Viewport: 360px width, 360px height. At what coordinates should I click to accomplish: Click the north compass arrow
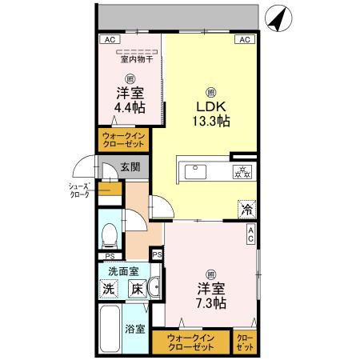pyautogui.click(x=275, y=19)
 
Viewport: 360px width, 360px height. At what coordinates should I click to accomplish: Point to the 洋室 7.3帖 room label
pyautogui.click(x=210, y=295)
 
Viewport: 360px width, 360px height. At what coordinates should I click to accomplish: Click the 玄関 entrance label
pyautogui.click(x=130, y=168)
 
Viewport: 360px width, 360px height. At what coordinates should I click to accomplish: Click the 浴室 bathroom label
pyautogui.click(x=134, y=329)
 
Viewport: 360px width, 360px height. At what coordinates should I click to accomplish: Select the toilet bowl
pyautogui.click(x=110, y=235)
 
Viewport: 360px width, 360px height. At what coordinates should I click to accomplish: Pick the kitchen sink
pyautogui.click(x=195, y=171)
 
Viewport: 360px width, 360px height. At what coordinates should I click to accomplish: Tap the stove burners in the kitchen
pyautogui.click(x=241, y=171)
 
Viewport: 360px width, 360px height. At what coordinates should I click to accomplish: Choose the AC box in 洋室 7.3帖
pyautogui.click(x=250, y=234)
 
